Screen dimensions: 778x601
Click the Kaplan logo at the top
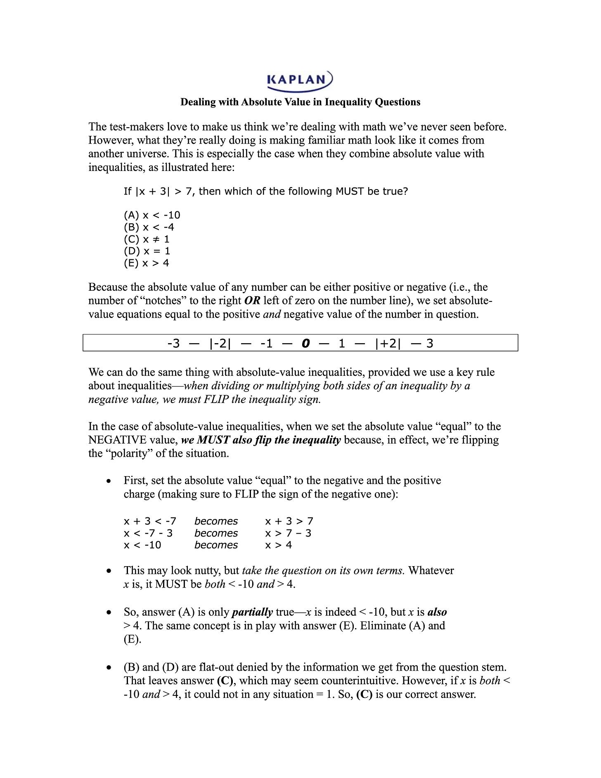pos(300,80)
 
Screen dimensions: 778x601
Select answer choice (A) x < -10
pos(152,215)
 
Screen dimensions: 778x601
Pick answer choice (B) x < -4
pos(149,227)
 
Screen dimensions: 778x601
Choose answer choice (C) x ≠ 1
pos(147,239)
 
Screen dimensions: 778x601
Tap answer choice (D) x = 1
pos(147,251)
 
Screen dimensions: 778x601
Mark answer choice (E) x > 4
pos(147,263)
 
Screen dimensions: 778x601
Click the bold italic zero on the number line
pos(305,343)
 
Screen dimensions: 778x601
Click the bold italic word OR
pos(252,301)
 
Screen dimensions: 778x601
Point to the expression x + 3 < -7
pos(150,521)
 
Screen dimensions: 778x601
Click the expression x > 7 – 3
pos(288,533)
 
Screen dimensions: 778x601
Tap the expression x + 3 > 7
pos(289,521)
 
